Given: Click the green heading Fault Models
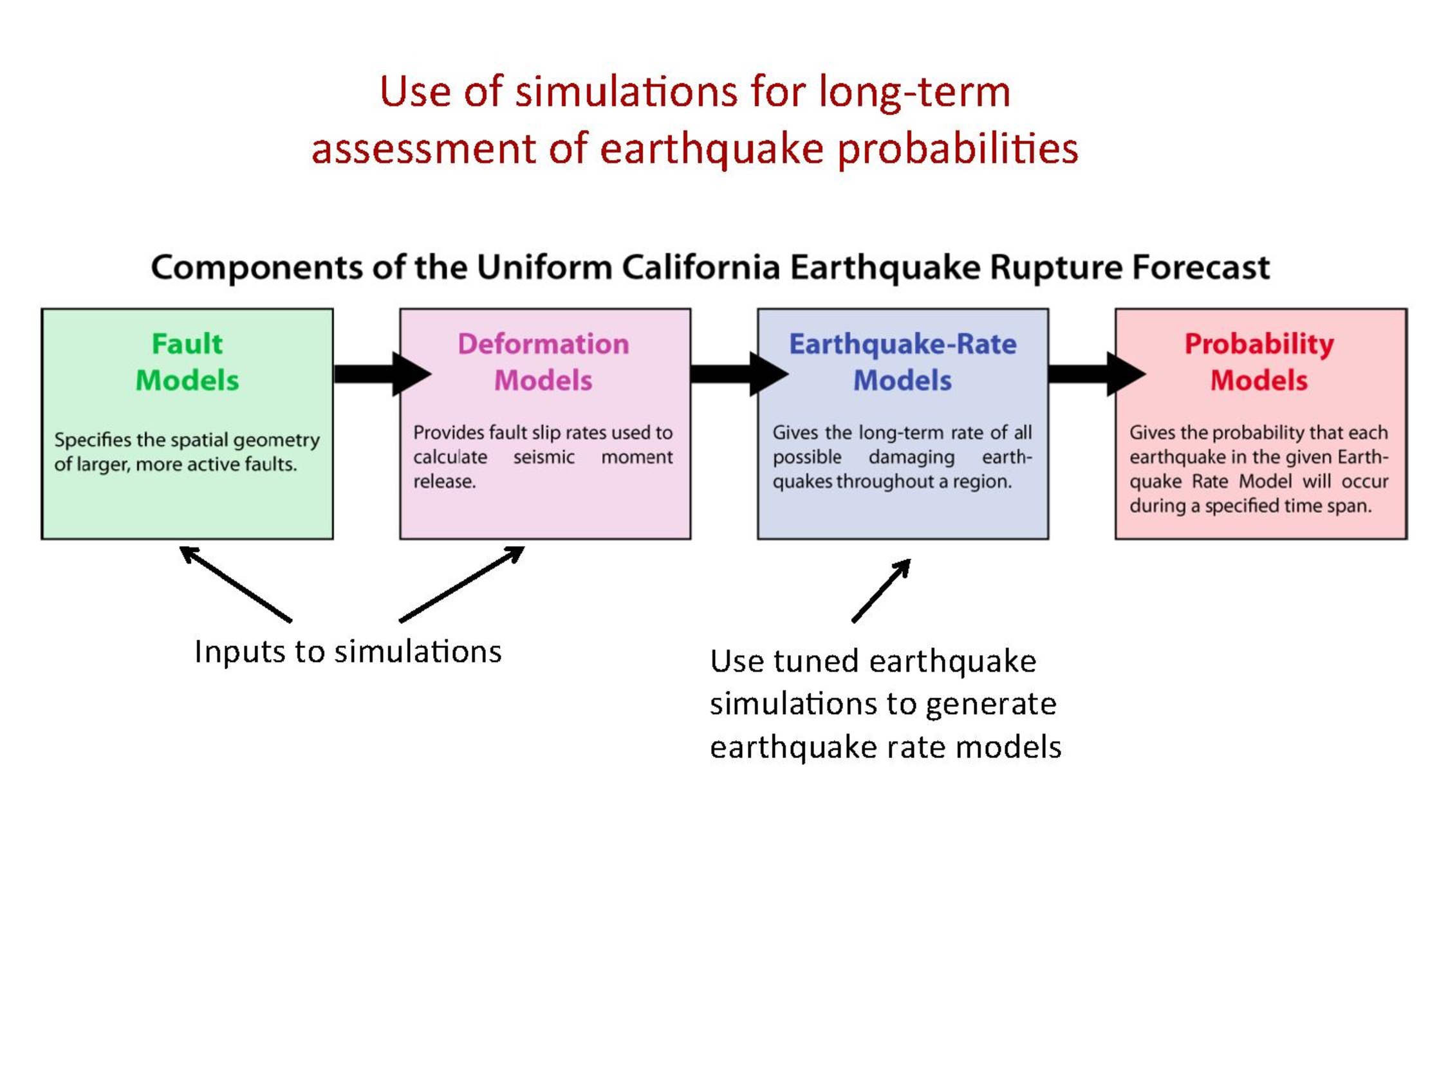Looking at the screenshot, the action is pos(187,362).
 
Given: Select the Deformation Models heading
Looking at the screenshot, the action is pos(543,362).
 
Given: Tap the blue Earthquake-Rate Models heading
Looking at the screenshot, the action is pos(903,362).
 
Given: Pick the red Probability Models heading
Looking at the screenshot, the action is pos(1259,362).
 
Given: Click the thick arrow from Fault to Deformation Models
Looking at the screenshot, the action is pos(383,374).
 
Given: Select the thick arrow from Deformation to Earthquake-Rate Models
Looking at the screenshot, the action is pos(739,374).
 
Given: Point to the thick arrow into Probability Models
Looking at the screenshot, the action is pos(1097,374).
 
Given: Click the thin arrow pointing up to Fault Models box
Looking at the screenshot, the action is pos(236,584).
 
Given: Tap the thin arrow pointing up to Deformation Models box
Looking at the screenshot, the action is pos(462,584).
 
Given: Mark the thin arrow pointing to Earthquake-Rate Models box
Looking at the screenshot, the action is pos(881,591).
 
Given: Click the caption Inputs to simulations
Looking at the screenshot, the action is pos(348,652).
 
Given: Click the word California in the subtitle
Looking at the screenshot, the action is pos(700,267).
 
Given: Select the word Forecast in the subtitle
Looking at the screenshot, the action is pos(1202,267).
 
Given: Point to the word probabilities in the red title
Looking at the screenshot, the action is pos(958,150).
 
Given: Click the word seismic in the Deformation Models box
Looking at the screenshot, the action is pos(543,457).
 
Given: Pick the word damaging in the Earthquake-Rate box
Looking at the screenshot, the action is pos(911,457).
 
